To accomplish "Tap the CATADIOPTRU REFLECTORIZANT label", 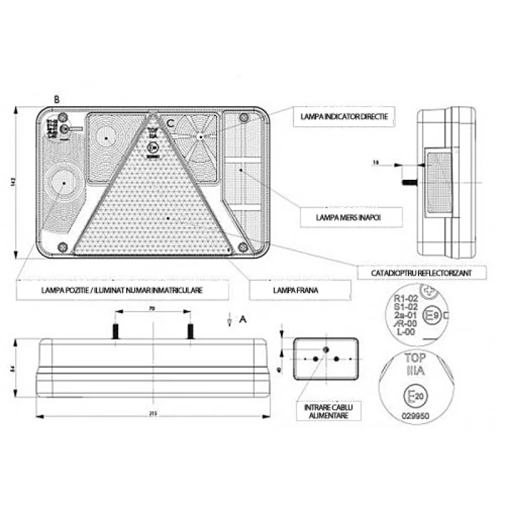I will [x=413, y=273].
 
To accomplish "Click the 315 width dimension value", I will [x=151, y=413].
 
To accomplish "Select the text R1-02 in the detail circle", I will [x=406, y=299].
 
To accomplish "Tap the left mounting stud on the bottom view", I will [x=116, y=331].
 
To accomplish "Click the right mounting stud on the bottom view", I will [x=189, y=331].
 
